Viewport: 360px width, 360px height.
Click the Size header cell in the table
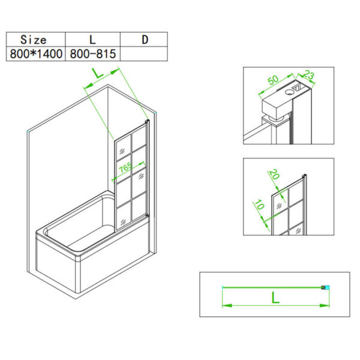pyautogui.click(x=34, y=40)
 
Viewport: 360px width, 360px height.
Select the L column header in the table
pyautogui.click(x=92, y=40)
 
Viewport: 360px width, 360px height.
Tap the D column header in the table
pyautogui.click(x=145, y=40)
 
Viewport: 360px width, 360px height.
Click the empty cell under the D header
pyautogui.click(x=145, y=53)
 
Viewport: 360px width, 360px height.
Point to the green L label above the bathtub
pyautogui.click(x=97, y=75)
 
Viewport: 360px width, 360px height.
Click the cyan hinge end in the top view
pyautogui.click(x=325, y=287)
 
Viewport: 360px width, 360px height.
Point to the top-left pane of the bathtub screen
pyautogui.click(x=121, y=145)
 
